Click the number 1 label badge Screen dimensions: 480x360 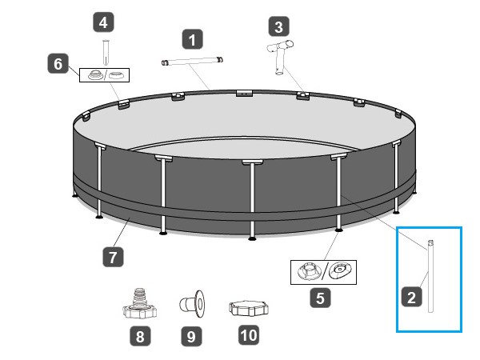pyautogui.click(x=192, y=39)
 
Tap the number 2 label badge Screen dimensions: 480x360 pyautogui.click(x=412, y=297)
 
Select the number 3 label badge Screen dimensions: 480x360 pyautogui.click(x=278, y=26)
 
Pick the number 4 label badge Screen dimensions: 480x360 pyautogui.click(x=103, y=22)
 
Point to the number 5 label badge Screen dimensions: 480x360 pyautogui.click(x=320, y=298)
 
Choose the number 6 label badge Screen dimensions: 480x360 pyautogui.click(x=58, y=64)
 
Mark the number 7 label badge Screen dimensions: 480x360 pyautogui.click(x=113, y=257)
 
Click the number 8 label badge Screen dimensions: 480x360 pyautogui.click(x=140, y=336)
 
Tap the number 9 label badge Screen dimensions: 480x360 pyautogui.click(x=191, y=336)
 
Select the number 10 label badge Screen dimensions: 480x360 pyautogui.click(x=249, y=335)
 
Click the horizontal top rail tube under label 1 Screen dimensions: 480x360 pyautogui.click(x=192, y=61)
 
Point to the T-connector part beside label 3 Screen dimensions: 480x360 pyautogui.click(x=280, y=57)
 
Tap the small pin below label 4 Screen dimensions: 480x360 pyautogui.click(x=106, y=52)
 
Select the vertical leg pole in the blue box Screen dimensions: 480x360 pyautogui.click(x=430, y=276)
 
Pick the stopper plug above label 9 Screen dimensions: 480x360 pyautogui.click(x=192, y=304)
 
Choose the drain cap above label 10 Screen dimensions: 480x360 pyautogui.click(x=249, y=308)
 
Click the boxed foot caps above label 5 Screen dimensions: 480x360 pyautogui.click(x=323, y=272)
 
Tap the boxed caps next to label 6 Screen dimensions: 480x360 pyautogui.click(x=104, y=75)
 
